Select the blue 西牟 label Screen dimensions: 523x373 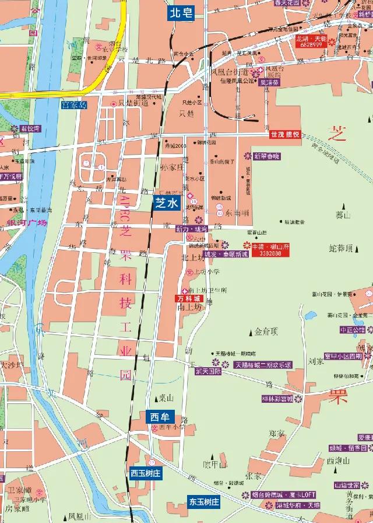tap(159, 417)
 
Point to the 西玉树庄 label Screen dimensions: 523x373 tap(145, 473)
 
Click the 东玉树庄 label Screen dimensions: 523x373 tap(204, 501)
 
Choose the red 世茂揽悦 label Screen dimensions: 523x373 tap(285, 134)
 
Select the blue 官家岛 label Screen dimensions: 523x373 tap(73, 105)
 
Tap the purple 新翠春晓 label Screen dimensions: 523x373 tap(266, 156)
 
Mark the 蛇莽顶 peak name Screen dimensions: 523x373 tap(341, 248)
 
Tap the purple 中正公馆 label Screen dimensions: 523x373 tap(351, 330)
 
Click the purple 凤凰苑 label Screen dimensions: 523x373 tap(269, 83)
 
